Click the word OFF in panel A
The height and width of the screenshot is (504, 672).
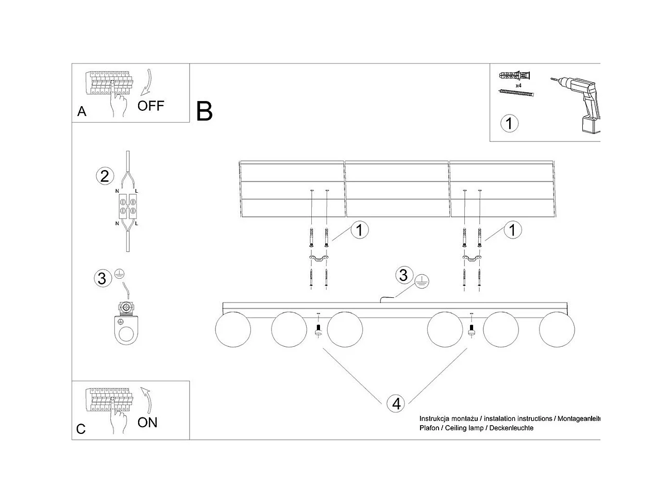click(150, 106)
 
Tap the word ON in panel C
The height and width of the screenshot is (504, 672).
click(147, 423)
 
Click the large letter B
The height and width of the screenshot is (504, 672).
click(204, 111)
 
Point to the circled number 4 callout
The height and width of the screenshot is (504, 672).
click(396, 404)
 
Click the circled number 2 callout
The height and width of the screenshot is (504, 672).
click(105, 176)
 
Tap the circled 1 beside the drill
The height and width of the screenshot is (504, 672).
click(509, 123)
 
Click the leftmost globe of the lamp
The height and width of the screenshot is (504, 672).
click(232, 329)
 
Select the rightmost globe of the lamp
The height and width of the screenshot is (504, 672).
click(557, 329)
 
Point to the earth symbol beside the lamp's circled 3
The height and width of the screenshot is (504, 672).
click(422, 281)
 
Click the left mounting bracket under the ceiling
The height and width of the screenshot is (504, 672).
click(319, 259)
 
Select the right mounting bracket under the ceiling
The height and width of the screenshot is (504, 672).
click(472, 259)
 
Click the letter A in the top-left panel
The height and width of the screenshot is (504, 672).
click(81, 111)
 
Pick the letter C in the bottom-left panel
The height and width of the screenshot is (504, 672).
click(81, 429)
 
